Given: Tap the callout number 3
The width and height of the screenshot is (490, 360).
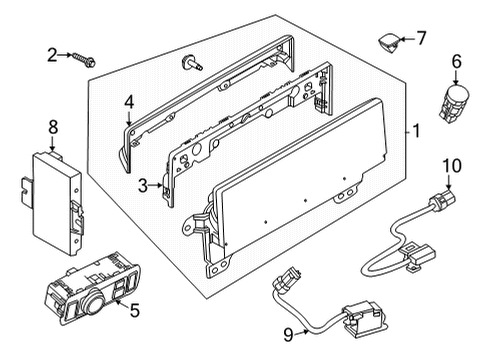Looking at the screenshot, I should click(x=143, y=185).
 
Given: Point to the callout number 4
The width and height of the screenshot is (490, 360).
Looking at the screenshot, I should click(x=129, y=101).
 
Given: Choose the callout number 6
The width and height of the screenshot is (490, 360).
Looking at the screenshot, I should click(x=456, y=61).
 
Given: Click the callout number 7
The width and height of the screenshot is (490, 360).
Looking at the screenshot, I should click(x=421, y=38).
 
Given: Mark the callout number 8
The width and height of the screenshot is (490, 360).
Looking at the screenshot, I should click(x=53, y=127).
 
